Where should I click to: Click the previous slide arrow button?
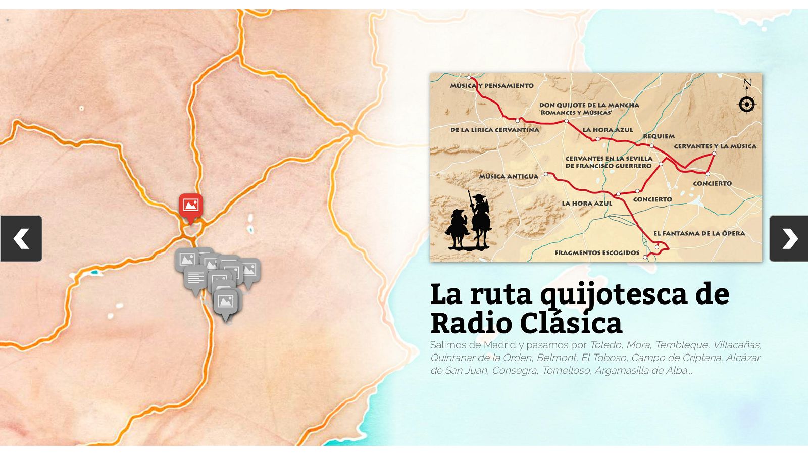(x=21, y=238)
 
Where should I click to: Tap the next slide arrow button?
(x=789, y=238)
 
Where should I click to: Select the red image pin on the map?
(x=190, y=206)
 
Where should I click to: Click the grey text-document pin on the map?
(x=195, y=278)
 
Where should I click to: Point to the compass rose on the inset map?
(x=747, y=104)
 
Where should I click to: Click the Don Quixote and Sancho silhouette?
(x=469, y=223)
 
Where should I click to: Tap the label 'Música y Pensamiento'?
(x=492, y=86)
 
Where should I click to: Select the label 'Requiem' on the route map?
(x=659, y=136)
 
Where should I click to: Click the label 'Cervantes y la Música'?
(x=715, y=146)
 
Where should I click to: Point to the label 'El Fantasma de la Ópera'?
(x=699, y=233)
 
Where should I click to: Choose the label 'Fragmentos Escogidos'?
(x=597, y=252)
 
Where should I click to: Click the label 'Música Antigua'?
(x=509, y=176)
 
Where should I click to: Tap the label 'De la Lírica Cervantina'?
(x=494, y=130)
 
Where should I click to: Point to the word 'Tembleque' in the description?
(x=682, y=345)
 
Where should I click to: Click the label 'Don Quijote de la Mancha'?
(x=589, y=105)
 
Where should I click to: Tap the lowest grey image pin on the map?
(x=226, y=301)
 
